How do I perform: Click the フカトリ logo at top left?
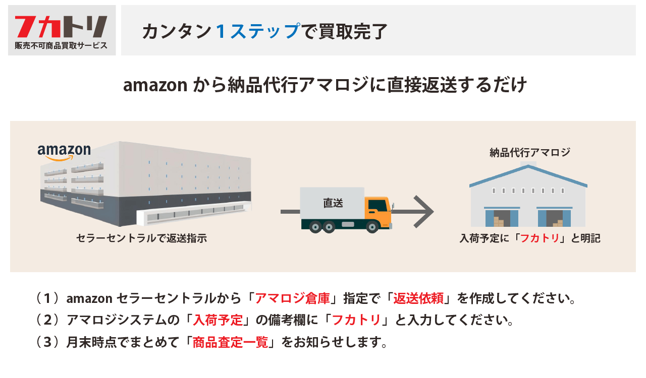[61, 27]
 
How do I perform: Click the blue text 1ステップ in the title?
[257, 31]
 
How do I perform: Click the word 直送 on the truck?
[333, 203]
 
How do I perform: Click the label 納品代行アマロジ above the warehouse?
[529, 152]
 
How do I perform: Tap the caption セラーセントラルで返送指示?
[141, 238]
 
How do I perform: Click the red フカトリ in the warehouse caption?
[540, 238]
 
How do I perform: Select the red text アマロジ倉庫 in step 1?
[292, 298]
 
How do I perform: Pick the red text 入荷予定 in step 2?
[218, 321]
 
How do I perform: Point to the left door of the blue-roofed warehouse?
[502, 218]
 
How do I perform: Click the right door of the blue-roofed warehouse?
[555, 218]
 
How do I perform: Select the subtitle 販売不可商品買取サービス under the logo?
[61, 45]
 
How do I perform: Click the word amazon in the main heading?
[155, 85]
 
